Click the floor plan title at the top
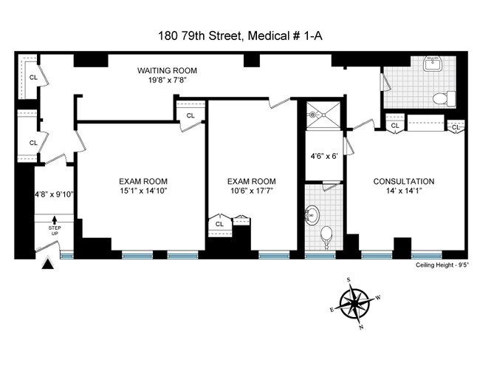(240, 34)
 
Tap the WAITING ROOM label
(167, 71)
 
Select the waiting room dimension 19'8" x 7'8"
(167, 81)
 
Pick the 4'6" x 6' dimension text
(323, 156)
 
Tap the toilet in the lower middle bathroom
(327, 236)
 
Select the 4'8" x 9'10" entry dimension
(54, 195)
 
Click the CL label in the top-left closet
(33, 76)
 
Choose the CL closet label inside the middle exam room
(219, 224)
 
